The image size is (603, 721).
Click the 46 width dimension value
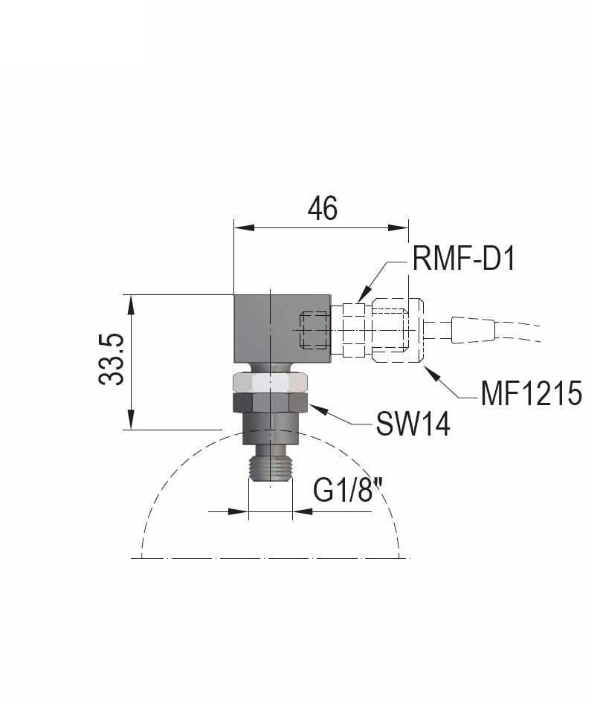pos(322,209)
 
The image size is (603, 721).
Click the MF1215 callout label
pos(529,393)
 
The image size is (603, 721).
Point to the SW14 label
pos(413,424)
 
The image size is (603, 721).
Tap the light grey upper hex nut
pos(271,382)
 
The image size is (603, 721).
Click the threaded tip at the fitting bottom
pos(271,469)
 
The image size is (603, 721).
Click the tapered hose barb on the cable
pos(472,330)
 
